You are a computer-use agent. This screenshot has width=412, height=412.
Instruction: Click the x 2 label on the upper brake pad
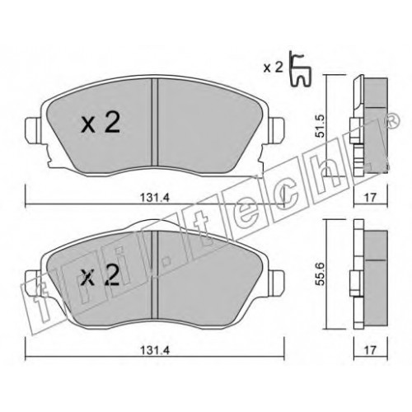tap(101, 124)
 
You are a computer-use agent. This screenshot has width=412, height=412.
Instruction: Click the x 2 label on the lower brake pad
tap(101, 275)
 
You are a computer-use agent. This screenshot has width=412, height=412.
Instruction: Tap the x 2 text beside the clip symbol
tap(273, 68)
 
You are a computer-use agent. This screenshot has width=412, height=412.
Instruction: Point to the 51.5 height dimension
tap(321, 126)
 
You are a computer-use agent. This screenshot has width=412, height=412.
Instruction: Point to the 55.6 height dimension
tap(321, 274)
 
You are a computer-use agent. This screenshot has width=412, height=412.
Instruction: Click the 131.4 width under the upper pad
tap(155, 197)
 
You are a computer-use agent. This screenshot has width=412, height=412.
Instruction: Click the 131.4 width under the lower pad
tap(155, 350)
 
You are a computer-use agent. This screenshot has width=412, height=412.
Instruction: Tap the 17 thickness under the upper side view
tap(370, 197)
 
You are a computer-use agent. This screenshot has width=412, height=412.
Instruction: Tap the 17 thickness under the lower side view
tap(370, 350)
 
